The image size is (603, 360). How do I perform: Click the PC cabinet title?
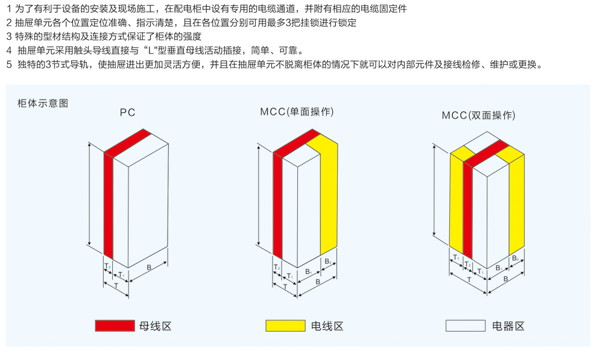(127, 112)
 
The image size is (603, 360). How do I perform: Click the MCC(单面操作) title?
(297, 112)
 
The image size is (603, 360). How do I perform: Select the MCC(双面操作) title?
(478, 115)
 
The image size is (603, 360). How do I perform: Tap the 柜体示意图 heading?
(43, 103)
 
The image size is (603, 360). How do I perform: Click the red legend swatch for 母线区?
(115, 326)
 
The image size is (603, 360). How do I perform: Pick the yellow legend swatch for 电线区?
(285, 326)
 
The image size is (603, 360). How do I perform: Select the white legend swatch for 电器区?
(465, 326)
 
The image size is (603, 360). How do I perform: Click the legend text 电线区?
(327, 326)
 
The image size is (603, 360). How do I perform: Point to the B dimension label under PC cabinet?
(149, 267)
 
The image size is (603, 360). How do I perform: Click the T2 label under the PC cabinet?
(107, 265)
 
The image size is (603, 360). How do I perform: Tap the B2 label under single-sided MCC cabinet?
(327, 261)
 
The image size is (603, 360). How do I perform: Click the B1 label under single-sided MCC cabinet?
(308, 271)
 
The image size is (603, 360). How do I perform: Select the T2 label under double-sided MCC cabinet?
(467, 264)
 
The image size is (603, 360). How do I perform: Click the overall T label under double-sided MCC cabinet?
(469, 280)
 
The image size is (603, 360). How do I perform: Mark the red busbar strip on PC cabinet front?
(109, 205)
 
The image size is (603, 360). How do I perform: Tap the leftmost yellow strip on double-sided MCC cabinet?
(456, 199)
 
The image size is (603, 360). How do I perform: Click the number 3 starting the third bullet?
(8, 36)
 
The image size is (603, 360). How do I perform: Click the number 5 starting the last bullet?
(8, 64)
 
